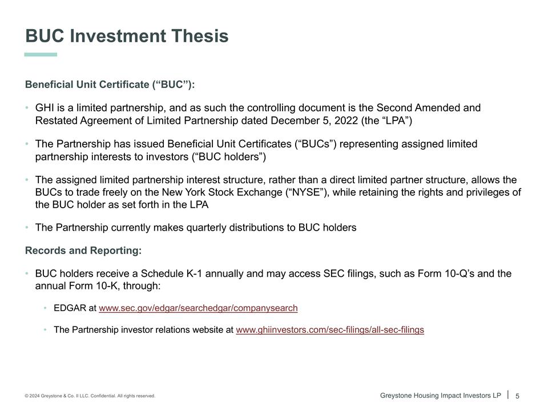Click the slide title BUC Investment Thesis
127,36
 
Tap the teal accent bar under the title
41,55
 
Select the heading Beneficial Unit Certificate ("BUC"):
110,84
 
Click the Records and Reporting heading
83,251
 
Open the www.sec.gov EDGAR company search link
198,308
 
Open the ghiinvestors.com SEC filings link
330,330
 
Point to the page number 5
517,396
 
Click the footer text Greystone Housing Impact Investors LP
440,396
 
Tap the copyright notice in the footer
90,396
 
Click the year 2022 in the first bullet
346,120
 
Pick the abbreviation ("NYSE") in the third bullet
307,192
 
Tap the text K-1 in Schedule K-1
194,273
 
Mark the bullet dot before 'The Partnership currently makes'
27,228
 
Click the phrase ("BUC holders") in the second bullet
229,156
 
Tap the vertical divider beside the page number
508,395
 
